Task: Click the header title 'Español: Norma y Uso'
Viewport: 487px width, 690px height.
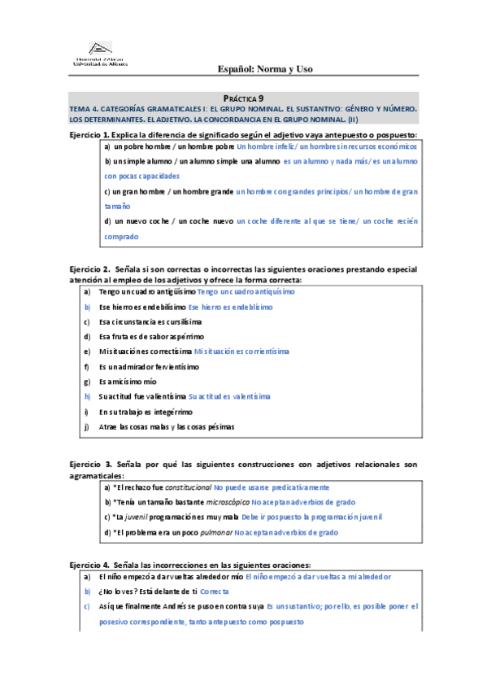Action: pos(272,69)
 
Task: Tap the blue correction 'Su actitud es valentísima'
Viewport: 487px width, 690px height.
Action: pos(228,396)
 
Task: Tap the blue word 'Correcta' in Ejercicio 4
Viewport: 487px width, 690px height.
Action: pos(214,592)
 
